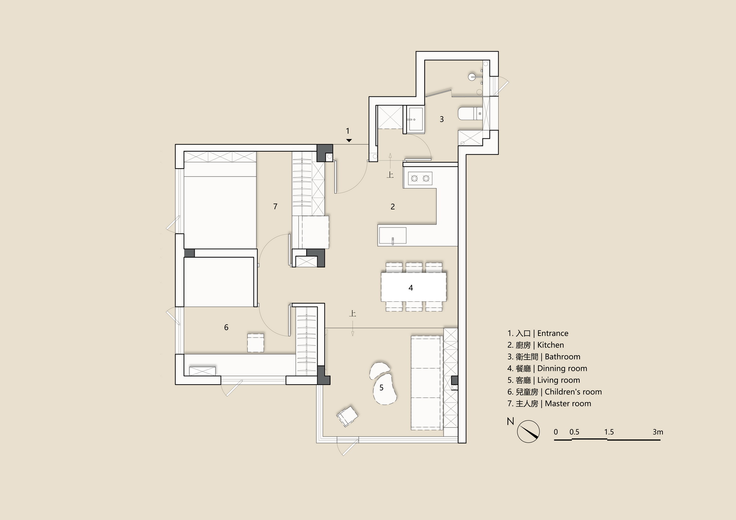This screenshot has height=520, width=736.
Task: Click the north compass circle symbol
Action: [x=528, y=431]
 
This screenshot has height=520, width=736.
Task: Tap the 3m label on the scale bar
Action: [x=658, y=432]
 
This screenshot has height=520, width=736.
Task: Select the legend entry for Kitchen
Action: [x=535, y=345]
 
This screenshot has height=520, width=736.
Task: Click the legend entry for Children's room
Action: [x=555, y=392]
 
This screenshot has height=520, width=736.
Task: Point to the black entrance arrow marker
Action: [x=349, y=141]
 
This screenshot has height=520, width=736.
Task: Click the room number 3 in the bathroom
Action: [x=442, y=119]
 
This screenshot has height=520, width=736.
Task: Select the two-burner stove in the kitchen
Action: [x=420, y=178]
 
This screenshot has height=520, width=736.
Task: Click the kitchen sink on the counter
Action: [x=393, y=236]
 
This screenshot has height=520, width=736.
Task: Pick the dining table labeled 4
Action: [x=414, y=287]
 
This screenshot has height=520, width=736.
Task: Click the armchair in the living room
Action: [x=347, y=416]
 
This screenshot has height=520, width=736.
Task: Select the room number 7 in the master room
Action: [x=275, y=206]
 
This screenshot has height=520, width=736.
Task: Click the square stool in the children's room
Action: [x=256, y=343]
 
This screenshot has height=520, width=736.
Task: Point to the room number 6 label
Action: [x=226, y=327]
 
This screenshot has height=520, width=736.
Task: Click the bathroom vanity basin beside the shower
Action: [x=415, y=119]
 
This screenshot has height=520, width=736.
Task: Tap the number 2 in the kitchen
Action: [x=393, y=207]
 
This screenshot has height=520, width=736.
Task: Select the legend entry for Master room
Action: [x=549, y=403]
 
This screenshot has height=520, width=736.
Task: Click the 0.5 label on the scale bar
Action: [x=574, y=432]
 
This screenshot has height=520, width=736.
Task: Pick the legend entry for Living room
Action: [x=544, y=380]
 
